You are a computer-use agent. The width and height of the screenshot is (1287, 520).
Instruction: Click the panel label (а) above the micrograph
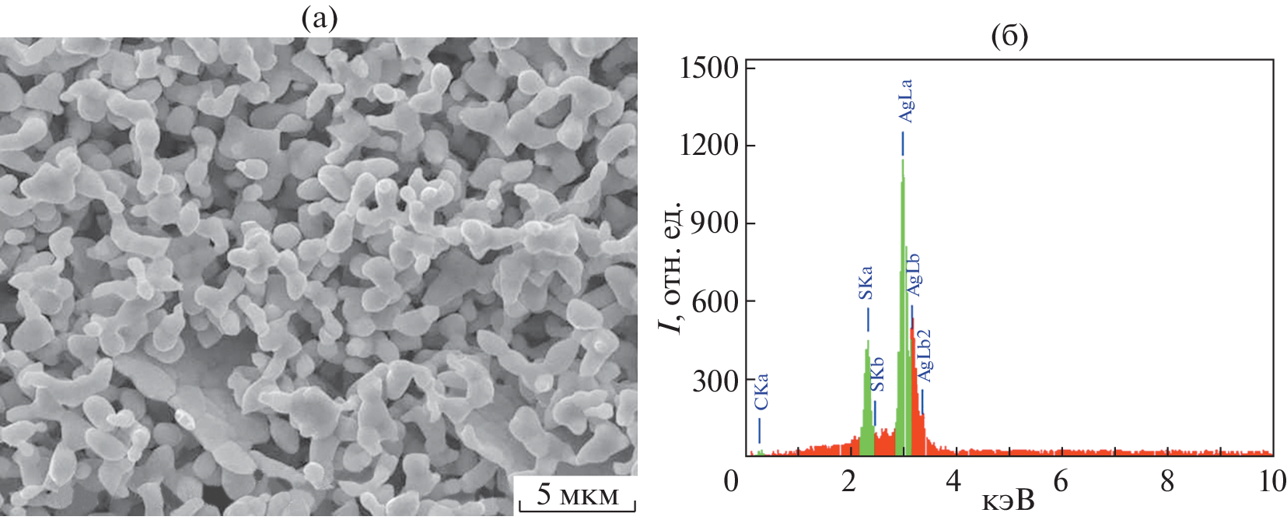319,19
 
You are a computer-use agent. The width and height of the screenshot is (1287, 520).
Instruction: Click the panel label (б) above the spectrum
1009,35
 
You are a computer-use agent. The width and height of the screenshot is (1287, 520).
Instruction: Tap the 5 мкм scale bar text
578,494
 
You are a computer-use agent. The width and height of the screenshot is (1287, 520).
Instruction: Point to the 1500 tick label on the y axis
709,68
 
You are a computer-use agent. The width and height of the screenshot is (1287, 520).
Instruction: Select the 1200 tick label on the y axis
709,145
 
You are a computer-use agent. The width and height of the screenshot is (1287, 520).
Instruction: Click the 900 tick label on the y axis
716,223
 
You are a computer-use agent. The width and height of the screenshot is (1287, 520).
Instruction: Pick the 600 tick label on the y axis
716,301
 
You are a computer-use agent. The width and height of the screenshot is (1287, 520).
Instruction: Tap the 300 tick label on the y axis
716,381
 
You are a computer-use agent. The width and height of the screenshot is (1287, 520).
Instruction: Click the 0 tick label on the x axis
731,481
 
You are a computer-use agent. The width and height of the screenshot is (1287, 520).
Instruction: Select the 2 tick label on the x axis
849,481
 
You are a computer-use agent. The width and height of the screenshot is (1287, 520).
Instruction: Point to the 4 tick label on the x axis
953,481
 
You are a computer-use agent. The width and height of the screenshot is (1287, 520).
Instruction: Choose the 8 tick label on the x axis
1166,481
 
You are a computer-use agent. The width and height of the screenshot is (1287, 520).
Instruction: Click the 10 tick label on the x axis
1272,481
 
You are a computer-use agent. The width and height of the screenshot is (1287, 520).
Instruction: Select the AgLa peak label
905,101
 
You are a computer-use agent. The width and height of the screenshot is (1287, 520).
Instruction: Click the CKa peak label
761,392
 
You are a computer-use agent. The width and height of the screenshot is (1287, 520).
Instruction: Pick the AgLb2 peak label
924,356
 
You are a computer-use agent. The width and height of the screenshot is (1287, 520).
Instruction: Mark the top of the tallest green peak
903,160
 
